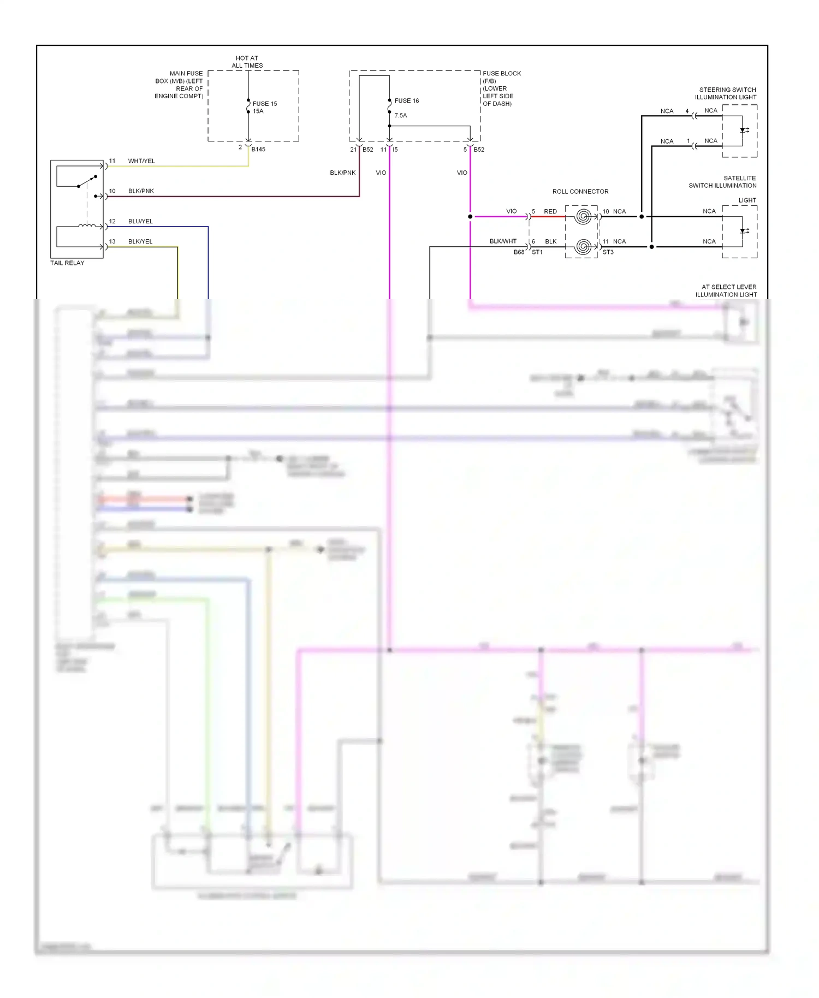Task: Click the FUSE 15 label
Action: [264, 103]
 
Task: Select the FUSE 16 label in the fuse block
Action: [407, 100]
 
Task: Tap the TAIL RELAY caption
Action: [67, 263]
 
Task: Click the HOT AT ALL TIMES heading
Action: [247, 62]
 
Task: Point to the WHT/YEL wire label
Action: [141, 161]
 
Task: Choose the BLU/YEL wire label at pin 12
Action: [140, 221]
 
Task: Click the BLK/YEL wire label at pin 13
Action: [140, 241]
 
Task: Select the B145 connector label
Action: [258, 149]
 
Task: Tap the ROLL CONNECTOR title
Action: [580, 192]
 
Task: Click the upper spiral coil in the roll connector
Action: [583, 217]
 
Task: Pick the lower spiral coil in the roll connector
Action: [583, 247]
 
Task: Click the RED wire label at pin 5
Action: [550, 211]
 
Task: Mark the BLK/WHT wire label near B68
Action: [503, 241]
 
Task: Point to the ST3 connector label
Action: [608, 252]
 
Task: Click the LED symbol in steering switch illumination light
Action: [743, 130]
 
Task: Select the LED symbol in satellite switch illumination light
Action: [743, 231]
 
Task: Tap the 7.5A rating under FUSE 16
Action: [400, 115]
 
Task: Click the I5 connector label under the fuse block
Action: [395, 149]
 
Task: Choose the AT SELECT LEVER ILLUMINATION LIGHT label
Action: [726, 290]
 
